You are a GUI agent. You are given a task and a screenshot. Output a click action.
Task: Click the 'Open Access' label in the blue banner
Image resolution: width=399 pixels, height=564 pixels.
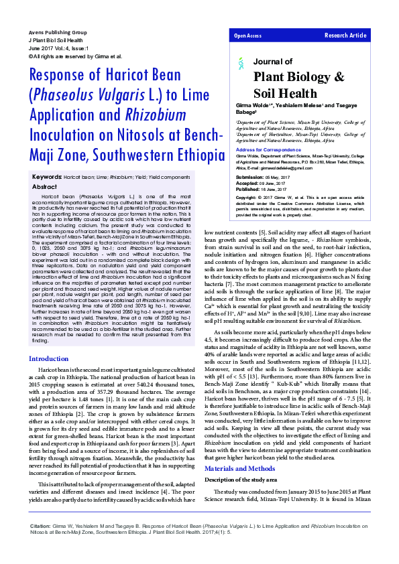247,36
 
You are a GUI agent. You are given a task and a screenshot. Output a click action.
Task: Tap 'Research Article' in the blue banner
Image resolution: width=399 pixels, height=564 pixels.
345,36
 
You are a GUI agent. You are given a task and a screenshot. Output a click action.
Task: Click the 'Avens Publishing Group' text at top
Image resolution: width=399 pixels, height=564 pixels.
58,32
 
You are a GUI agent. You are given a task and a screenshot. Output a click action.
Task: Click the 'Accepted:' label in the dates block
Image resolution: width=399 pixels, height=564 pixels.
247,183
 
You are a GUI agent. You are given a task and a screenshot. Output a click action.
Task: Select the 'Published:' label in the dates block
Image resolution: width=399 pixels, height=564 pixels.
248,189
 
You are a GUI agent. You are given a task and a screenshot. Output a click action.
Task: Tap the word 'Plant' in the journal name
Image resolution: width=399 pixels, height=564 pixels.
270,77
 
